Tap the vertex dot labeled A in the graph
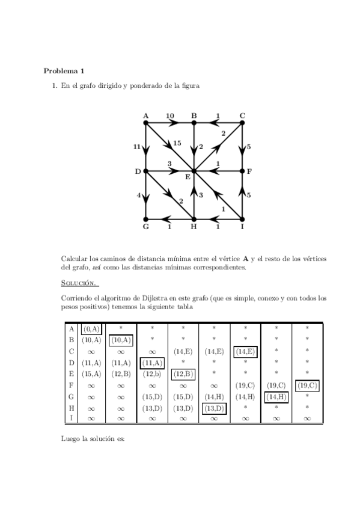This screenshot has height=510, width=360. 146,123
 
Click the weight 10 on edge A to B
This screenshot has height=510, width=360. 169,115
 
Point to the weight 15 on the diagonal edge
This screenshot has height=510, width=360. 177,143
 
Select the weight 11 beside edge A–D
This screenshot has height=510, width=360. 137,147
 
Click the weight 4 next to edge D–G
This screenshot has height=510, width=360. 138,195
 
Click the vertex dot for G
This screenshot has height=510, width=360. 146,219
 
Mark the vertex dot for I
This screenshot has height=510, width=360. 242,219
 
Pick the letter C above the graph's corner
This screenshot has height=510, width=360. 242,115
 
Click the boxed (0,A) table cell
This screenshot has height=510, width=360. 91,329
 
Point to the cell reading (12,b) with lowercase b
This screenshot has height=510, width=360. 152,374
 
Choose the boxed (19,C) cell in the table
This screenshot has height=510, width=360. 307,386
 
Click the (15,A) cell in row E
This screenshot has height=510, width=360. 91,374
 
